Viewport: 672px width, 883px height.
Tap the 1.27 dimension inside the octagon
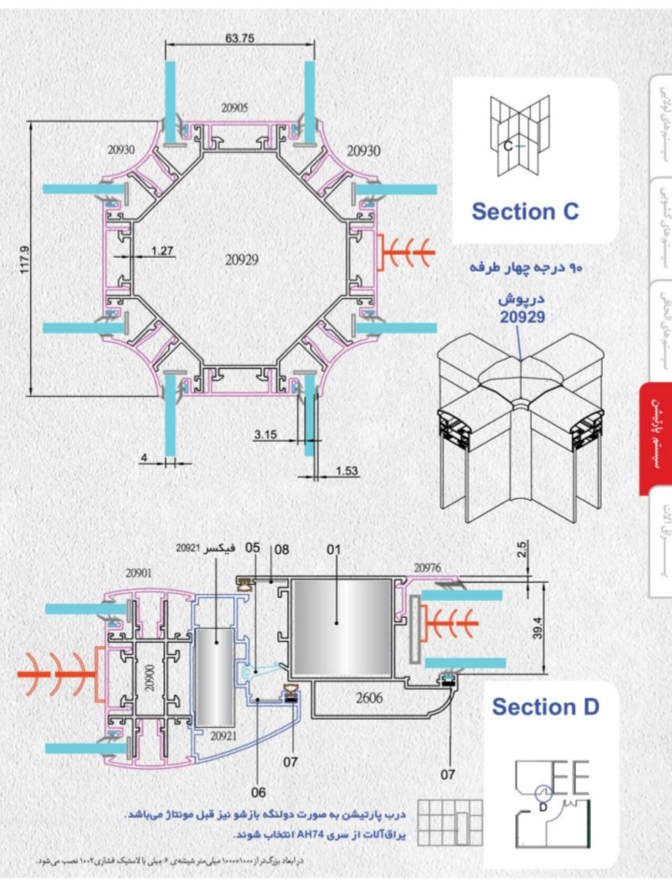pos(163,250)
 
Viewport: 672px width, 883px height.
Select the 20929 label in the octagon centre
pos(241,257)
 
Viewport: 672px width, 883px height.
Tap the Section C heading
pos(525,211)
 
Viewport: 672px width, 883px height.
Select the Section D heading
pos(546,706)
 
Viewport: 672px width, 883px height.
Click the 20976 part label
pos(428,567)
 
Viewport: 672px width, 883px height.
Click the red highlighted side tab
pos(654,438)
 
